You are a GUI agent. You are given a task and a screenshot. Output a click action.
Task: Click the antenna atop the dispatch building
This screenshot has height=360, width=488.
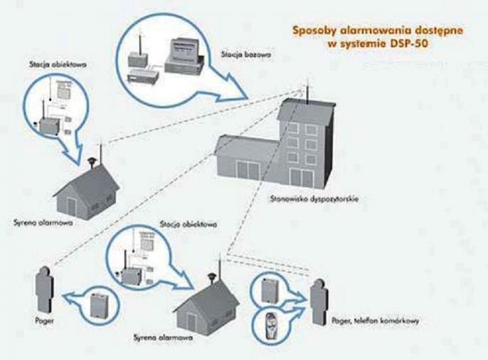(307, 91)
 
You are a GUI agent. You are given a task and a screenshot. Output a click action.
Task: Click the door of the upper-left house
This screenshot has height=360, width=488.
(70, 203)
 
